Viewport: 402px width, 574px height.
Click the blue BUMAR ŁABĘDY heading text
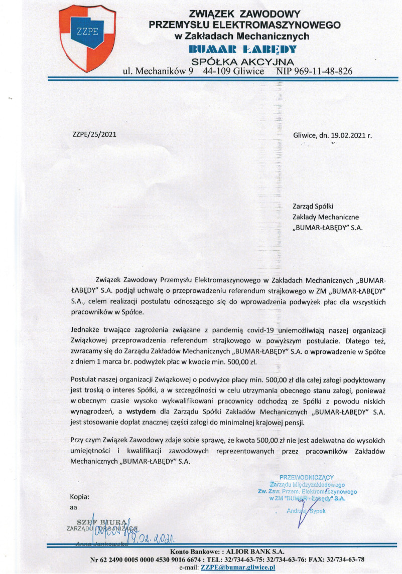242,49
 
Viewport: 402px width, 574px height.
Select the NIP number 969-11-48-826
315,71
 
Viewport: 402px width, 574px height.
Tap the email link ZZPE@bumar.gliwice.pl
239,567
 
